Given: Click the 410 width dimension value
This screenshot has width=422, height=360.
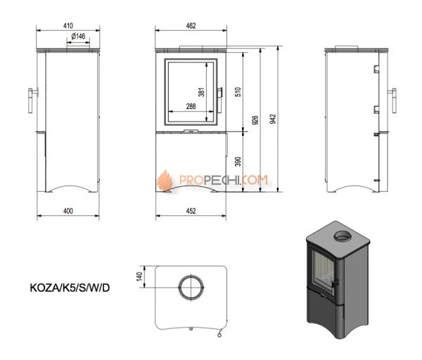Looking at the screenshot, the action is (x=68, y=25).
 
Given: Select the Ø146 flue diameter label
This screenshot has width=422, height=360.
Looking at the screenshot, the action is (x=78, y=36).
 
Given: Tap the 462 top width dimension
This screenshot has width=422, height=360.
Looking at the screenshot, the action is (x=191, y=25).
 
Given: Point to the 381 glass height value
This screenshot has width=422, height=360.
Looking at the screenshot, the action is (x=201, y=91).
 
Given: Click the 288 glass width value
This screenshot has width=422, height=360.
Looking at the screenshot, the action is (x=191, y=106).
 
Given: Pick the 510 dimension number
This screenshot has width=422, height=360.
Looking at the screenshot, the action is (x=238, y=91).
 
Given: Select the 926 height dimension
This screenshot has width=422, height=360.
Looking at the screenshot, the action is (x=255, y=120).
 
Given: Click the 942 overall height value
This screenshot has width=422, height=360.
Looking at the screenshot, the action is (x=273, y=119).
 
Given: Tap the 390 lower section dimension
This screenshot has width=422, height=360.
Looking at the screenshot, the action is (x=238, y=162).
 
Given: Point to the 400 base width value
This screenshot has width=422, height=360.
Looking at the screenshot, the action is (x=68, y=211).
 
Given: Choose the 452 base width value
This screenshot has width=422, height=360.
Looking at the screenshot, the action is (x=191, y=211).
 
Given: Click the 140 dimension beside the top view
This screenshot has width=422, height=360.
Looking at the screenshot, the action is (x=139, y=276).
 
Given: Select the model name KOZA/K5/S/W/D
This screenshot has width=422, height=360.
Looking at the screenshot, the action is (x=70, y=288).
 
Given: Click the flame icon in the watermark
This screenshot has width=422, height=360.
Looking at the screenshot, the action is (x=165, y=180).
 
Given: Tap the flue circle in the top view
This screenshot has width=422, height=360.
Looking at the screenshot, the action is (x=191, y=287).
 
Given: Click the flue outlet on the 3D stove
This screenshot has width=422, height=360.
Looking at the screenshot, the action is (x=343, y=236).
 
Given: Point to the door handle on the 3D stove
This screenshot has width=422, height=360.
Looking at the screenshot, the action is (x=335, y=283).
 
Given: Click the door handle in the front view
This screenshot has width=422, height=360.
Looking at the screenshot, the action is (x=220, y=100).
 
